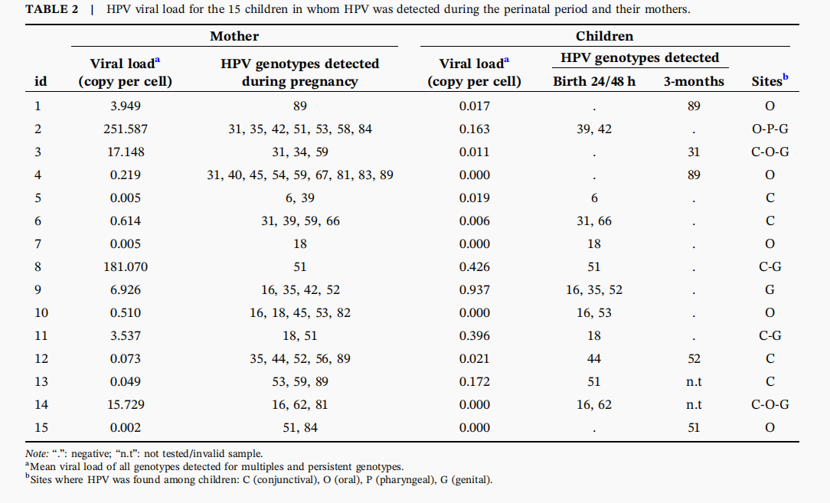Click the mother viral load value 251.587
point(126,129)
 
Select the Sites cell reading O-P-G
point(770,129)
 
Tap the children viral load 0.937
point(474,290)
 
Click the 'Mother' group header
point(234,36)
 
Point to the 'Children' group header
point(604,36)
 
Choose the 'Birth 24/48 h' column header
point(594,82)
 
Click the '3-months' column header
point(694,82)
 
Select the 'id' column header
point(41,82)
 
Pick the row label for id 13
point(41,382)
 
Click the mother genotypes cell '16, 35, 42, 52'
point(300,290)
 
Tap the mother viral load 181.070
point(126,267)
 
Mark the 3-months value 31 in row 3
point(694,152)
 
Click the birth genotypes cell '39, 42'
point(594,129)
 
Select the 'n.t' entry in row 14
point(694,405)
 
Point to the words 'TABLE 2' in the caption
point(52,9)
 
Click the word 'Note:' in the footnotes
point(37,454)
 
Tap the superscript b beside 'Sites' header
point(786,77)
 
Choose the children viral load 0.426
point(474,267)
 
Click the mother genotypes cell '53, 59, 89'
point(300,382)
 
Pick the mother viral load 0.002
point(126,428)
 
